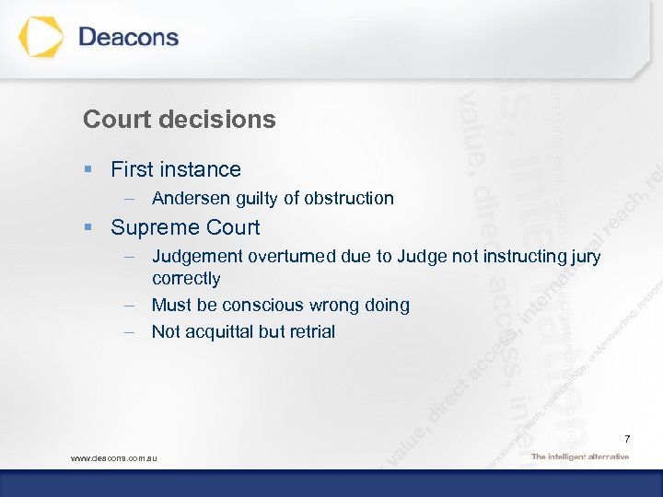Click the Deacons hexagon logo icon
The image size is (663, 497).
point(41,38)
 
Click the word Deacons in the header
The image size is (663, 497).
point(128,38)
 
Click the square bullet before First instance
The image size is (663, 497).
point(87,169)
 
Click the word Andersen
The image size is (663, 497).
point(187,198)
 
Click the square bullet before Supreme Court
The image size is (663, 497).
point(87,227)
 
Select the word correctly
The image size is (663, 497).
point(186,278)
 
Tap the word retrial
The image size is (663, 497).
point(311,331)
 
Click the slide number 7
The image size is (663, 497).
point(626,438)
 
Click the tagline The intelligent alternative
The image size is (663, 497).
point(580,457)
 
